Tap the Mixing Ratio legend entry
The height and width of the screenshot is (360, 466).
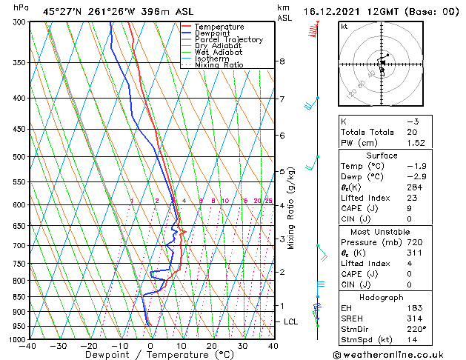(x=219, y=65)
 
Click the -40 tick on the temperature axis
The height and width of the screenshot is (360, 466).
(x=28, y=346)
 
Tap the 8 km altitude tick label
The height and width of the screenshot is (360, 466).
(x=282, y=61)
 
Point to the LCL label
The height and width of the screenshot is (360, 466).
(x=290, y=322)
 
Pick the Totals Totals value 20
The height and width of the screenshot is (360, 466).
(x=412, y=132)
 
